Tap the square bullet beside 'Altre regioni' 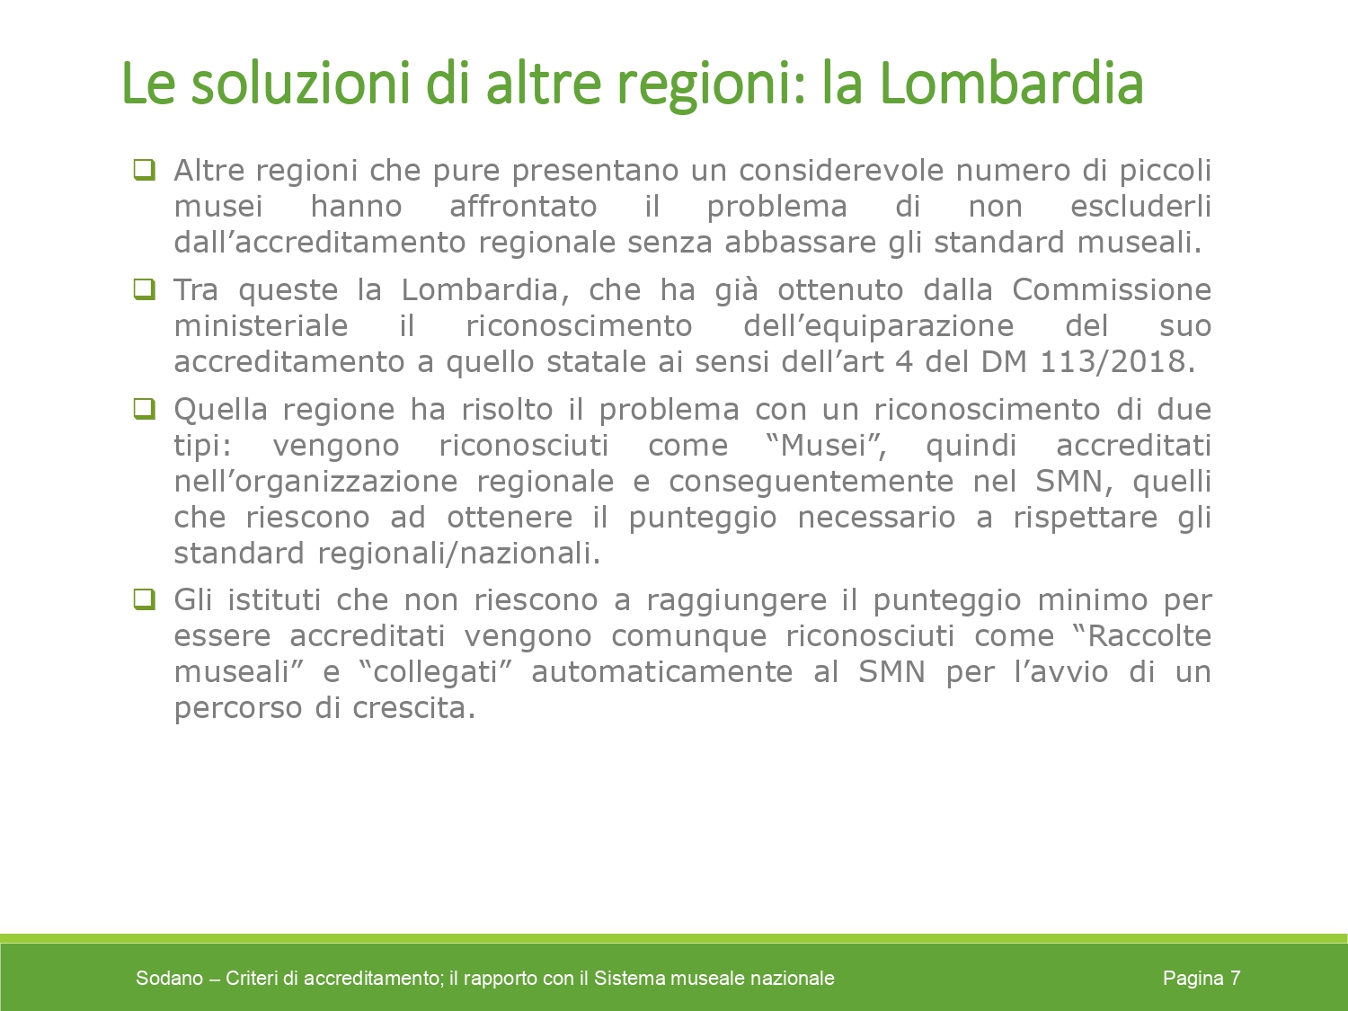(x=145, y=170)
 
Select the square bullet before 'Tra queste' (x=145, y=289)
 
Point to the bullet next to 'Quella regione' (x=145, y=408)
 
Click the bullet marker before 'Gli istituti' (x=145, y=599)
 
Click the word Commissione (x=1112, y=289)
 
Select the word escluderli (x=1140, y=206)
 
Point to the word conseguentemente (x=811, y=481)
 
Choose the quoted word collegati (x=435, y=671)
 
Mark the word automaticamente (x=662, y=671)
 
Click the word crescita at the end (x=414, y=708)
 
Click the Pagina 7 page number (x=1202, y=978)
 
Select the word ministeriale (x=261, y=325)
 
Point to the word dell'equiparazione (x=879, y=326)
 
